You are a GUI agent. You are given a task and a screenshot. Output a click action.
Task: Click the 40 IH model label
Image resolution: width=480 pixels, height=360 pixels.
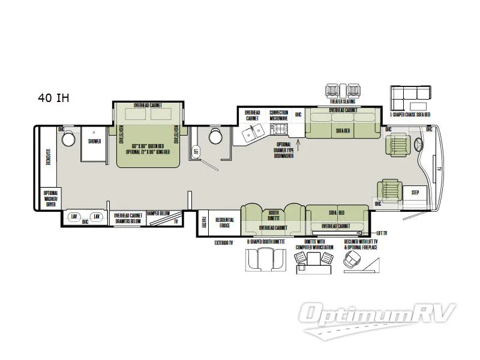tap(53, 98)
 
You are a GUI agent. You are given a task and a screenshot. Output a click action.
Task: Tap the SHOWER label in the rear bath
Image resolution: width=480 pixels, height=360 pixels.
tap(94, 142)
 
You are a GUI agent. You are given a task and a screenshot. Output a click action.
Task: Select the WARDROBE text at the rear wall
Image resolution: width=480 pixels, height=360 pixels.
tap(46, 157)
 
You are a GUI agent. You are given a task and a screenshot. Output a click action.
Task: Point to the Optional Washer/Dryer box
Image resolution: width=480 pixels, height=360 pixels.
tap(49, 199)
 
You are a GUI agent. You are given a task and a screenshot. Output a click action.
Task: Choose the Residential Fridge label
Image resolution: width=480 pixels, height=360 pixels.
tap(226, 223)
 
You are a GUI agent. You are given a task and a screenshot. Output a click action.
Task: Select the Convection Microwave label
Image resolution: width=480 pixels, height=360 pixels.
tap(278, 115)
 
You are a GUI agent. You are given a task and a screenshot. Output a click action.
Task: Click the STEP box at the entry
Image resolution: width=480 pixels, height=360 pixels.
tap(415, 193)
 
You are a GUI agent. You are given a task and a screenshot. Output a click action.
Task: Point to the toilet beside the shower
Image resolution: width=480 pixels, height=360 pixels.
tap(68, 140)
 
